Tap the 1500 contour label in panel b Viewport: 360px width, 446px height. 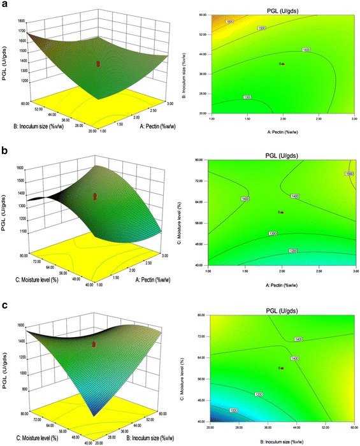coord(348,174)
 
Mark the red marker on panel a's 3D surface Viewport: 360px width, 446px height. coord(98,64)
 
